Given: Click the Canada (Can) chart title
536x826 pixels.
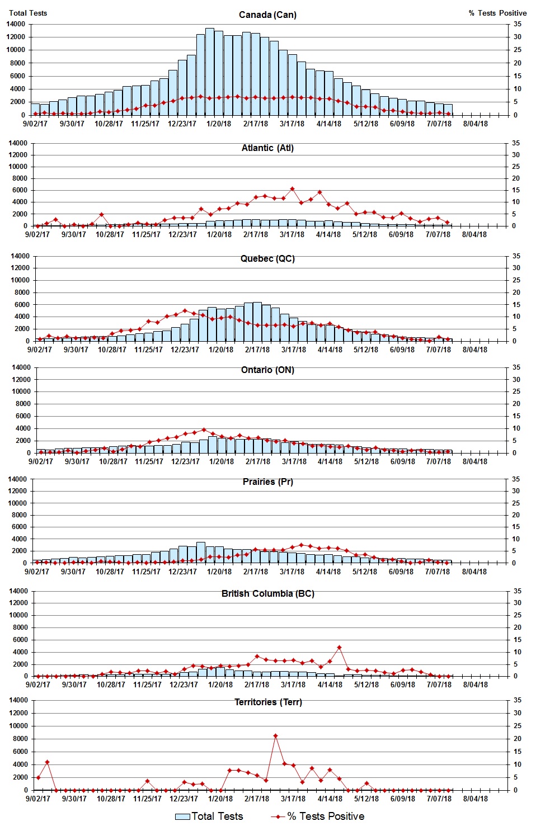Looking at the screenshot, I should click(267, 15).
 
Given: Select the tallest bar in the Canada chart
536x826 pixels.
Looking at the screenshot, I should click(210, 72).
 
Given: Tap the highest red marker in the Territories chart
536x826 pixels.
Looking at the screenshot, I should click(275, 736).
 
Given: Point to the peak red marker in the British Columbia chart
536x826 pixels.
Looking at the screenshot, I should click(339, 648).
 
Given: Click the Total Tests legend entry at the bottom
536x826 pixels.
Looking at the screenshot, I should click(209, 816).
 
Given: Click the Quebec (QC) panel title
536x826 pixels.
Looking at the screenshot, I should click(267, 258).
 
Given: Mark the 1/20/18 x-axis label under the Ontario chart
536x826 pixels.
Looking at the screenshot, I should click(222, 461).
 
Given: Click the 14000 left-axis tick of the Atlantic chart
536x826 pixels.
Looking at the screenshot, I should click(17, 143).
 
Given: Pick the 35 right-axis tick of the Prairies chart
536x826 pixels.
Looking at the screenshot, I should click(516, 479).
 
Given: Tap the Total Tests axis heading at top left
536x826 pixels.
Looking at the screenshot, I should click(28, 13).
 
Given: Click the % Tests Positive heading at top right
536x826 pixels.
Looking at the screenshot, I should click(497, 13).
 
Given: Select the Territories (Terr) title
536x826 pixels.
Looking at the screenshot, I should click(268, 702).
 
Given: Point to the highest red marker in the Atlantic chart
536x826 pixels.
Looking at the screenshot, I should click(292, 189).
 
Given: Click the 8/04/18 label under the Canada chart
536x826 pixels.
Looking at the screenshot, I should click(475, 124).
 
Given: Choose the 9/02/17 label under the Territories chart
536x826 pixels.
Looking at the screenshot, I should click(38, 799).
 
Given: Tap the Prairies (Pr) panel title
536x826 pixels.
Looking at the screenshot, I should click(267, 482).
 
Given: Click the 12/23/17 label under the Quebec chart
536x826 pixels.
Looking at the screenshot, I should click(185, 350).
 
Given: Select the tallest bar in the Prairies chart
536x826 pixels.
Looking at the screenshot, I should click(201, 553).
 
